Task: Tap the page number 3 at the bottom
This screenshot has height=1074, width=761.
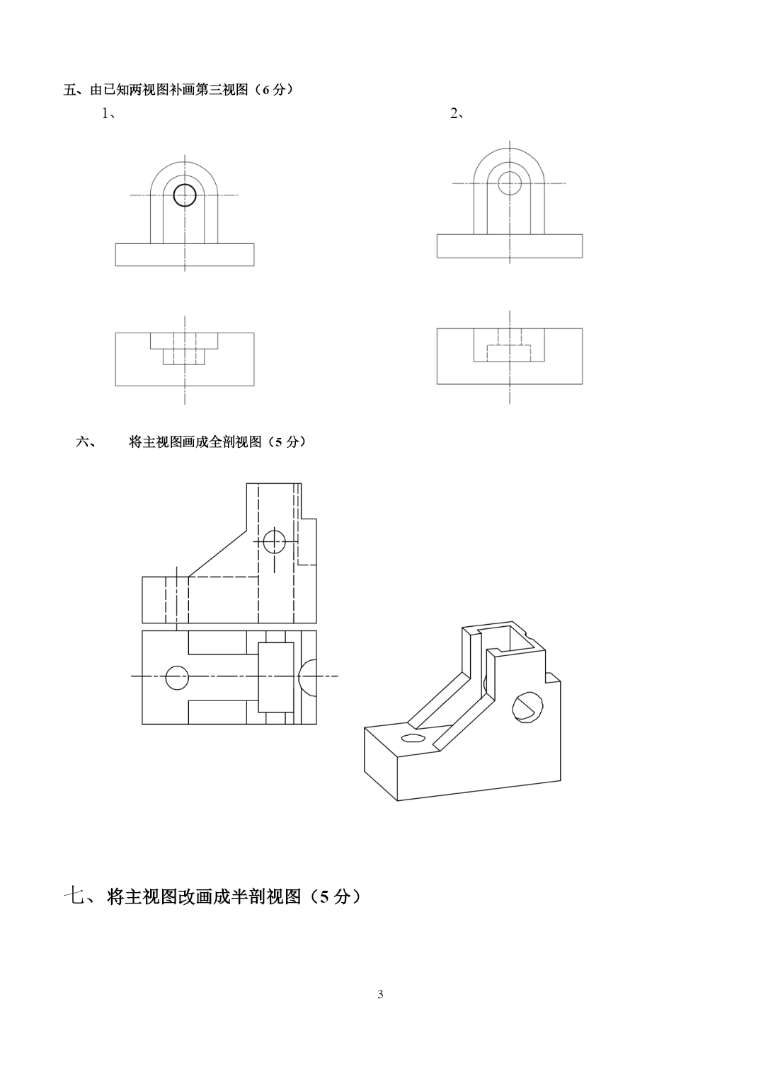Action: point(381,995)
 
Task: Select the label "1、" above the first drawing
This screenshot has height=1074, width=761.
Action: point(108,114)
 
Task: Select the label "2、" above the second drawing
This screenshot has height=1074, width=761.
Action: point(457,113)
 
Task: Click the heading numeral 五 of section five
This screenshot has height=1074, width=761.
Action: point(70,90)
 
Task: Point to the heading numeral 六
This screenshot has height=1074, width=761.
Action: point(83,441)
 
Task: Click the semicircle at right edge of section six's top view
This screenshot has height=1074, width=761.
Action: point(299,678)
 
